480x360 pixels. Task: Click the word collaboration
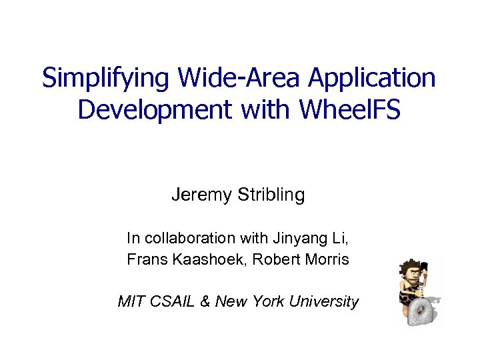pyautogui.click(x=188, y=238)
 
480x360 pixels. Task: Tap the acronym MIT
pyautogui.click(x=130, y=301)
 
